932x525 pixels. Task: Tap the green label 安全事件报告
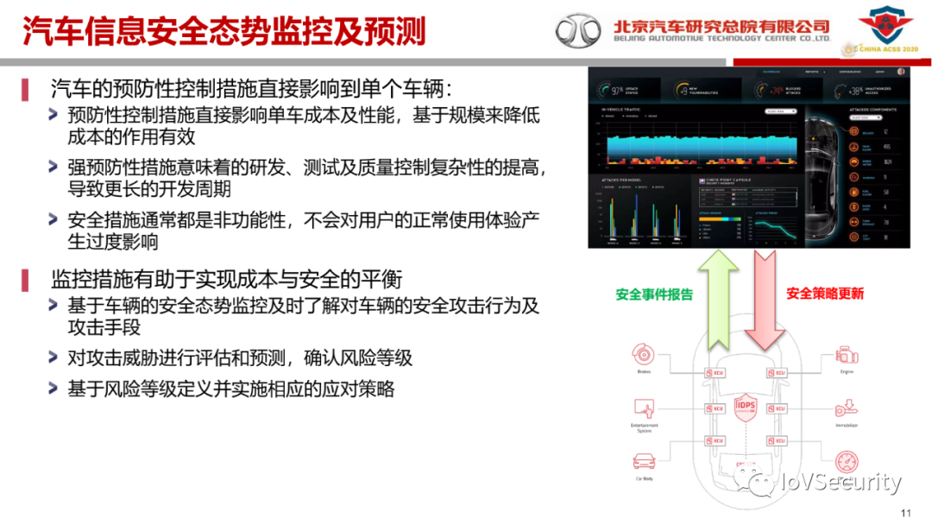654,294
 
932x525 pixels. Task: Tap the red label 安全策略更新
825,294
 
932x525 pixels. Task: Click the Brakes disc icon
644,355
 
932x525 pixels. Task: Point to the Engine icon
847,355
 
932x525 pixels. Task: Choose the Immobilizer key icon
847,408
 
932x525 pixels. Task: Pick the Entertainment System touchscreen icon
644,408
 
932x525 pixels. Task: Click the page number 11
905,513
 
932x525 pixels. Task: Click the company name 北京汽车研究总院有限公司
721,26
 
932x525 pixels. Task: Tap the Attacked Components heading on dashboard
874,110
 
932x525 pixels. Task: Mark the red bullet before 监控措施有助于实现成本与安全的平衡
25,279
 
